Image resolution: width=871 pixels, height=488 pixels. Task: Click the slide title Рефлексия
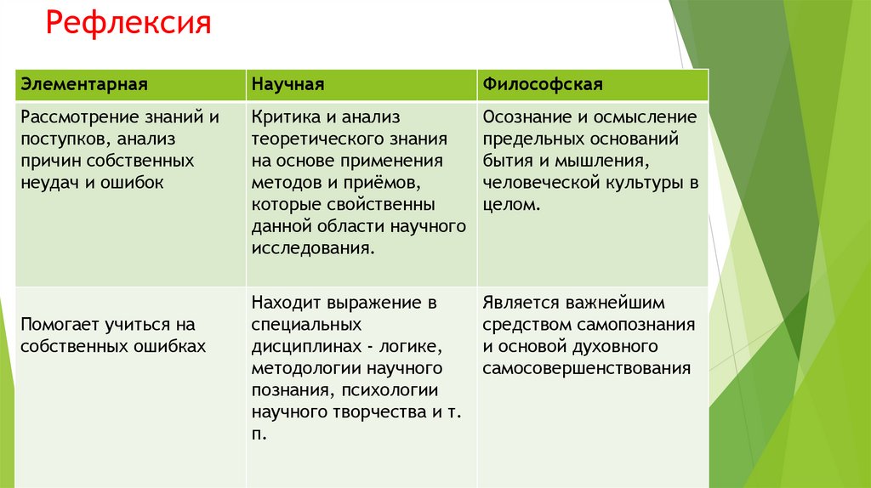128,22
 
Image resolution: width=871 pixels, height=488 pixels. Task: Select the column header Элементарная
85,85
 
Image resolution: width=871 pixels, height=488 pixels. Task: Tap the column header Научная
287,85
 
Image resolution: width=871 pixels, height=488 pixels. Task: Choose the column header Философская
543,85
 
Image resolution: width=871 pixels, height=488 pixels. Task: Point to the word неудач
49,182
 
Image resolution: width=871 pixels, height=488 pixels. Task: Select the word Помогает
59,325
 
